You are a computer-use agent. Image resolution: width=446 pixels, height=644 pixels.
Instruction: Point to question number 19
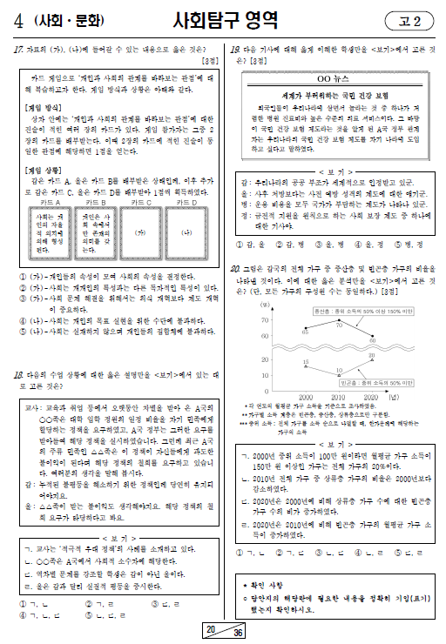click(x=235, y=50)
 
